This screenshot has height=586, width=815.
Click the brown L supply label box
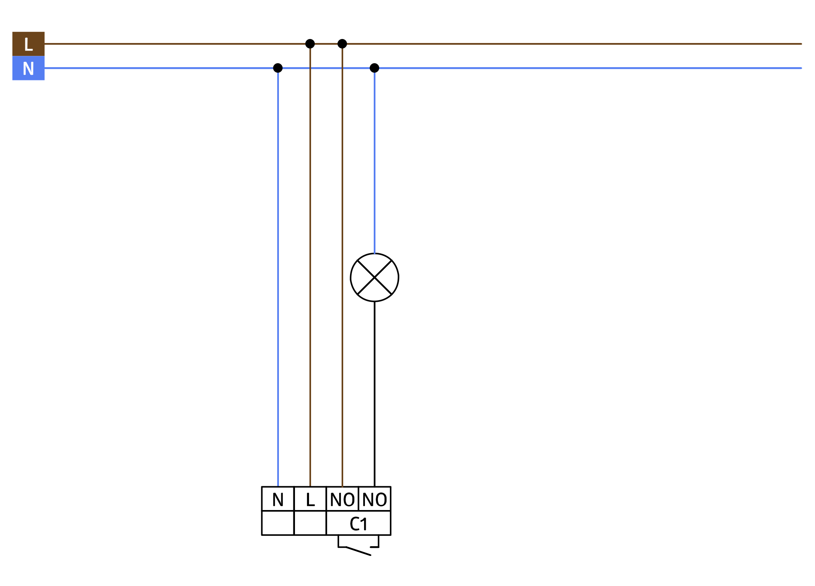(x=29, y=44)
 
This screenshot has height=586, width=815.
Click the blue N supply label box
(x=29, y=68)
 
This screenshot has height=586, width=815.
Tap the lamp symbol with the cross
(x=375, y=277)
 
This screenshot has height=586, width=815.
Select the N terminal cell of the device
(x=278, y=499)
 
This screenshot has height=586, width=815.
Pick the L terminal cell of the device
(x=310, y=499)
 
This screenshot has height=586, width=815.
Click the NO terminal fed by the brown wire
(x=342, y=499)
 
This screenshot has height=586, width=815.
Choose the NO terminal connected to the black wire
(x=375, y=499)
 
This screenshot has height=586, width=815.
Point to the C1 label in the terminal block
(x=358, y=524)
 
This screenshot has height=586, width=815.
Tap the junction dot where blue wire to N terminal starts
(x=278, y=68)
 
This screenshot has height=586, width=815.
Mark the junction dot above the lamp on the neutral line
(x=375, y=68)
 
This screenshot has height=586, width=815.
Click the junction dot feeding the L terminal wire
(x=310, y=44)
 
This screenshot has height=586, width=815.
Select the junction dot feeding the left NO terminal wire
(x=342, y=44)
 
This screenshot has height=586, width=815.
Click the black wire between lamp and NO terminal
(x=375, y=394)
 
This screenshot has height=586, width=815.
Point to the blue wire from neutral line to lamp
(x=375, y=161)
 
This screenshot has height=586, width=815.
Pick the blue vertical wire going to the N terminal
(x=278, y=277)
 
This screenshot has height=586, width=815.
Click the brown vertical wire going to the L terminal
(x=310, y=265)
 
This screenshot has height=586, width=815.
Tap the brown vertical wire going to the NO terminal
(x=342, y=265)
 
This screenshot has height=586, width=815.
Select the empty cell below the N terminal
(x=278, y=523)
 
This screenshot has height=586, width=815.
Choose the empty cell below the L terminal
(x=310, y=523)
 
